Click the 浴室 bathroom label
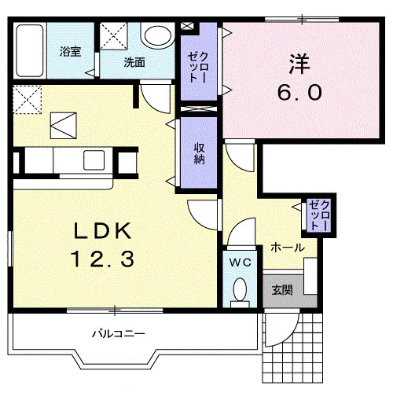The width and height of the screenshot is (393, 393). pos(70,52)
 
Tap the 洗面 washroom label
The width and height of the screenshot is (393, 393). pos(134,63)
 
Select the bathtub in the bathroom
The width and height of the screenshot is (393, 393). pos(29,50)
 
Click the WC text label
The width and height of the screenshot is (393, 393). pos(241,263)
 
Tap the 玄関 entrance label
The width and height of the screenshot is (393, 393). pos(282,290)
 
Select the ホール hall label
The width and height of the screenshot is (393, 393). pos(288,248)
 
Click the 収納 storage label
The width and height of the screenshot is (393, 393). pos(199,154)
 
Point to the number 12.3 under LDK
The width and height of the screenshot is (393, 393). pos(102,259)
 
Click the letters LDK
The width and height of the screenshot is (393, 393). pos(102,230)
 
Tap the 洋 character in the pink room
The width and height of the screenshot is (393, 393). pos(299,64)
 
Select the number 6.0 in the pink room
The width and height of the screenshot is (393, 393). pos(299,93)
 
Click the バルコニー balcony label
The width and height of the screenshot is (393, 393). pos(119,334)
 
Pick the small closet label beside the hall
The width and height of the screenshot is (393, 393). pos(319,215)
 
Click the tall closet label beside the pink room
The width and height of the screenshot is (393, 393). pos(199,68)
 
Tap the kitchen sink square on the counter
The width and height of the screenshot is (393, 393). pos(94,160)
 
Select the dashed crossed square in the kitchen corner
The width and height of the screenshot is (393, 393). pos(28,100)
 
